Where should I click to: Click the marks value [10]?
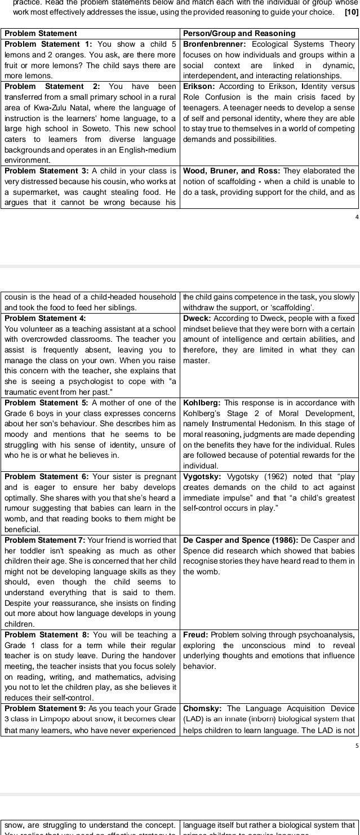pyautogui.click(x=351, y=11)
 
